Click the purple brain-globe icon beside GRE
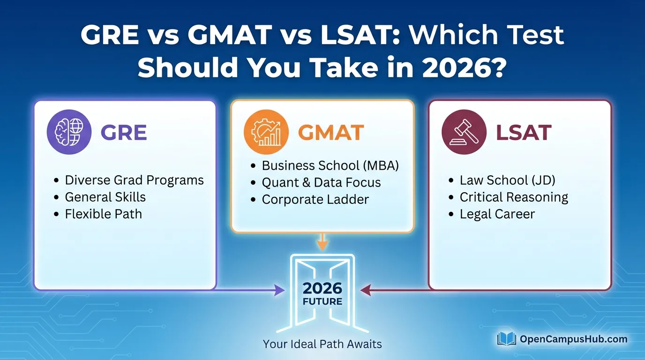coord(69,132)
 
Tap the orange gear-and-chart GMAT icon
coord(266,132)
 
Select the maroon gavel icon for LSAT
coord(464,132)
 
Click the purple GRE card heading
coord(124,133)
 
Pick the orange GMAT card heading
coord(331,133)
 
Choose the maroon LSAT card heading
coord(524,133)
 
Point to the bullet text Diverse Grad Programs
coord(134,180)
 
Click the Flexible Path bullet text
coord(104,214)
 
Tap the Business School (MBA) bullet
coord(330,165)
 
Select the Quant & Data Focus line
coord(322,182)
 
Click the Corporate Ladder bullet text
coord(315,199)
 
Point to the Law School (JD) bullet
coord(507,180)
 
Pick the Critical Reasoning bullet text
coord(514,197)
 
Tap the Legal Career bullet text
coord(497,214)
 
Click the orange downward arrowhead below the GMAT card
coord(322,245)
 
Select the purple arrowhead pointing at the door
coord(279,290)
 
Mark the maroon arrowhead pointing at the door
coord(366,290)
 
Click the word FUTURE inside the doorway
coord(322,301)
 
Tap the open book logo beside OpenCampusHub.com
coord(507,339)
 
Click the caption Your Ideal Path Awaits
coord(322,344)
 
